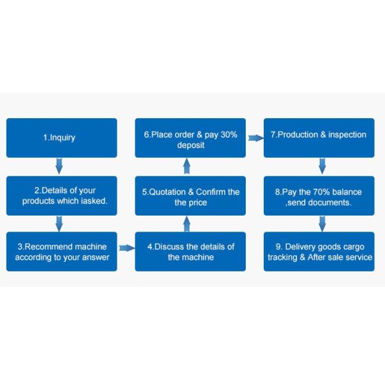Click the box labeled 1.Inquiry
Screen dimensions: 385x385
(x=62, y=137)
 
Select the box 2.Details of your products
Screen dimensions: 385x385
(x=62, y=196)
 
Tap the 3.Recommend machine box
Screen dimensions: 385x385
(x=62, y=252)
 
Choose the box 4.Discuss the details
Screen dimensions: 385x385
(x=191, y=252)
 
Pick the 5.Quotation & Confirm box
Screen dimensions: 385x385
(x=191, y=196)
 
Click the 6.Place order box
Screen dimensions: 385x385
(x=191, y=137)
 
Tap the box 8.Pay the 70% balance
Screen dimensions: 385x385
(x=319, y=196)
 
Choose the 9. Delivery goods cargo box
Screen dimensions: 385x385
(x=319, y=252)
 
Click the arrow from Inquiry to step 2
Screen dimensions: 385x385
(x=59, y=167)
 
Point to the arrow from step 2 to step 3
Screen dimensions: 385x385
(x=59, y=223)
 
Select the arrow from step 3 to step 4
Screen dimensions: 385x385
(x=126, y=248)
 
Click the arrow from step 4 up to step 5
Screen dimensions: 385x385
(x=187, y=224)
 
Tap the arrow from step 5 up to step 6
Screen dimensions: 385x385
(x=187, y=167)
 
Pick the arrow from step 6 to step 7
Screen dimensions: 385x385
(x=255, y=137)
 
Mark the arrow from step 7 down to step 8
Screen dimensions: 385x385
(x=322, y=167)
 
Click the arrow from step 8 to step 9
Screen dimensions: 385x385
(x=322, y=223)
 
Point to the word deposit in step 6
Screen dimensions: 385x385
(x=191, y=145)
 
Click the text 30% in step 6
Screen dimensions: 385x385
(x=228, y=135)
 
